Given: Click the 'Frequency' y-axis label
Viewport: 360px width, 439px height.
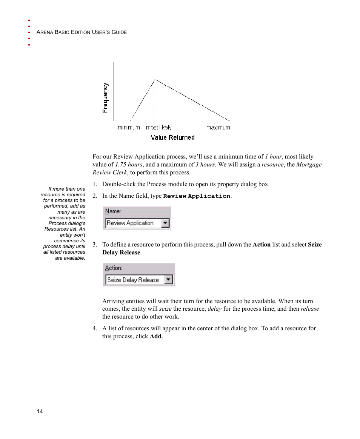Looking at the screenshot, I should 105,98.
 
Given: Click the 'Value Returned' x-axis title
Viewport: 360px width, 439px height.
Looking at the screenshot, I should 172,138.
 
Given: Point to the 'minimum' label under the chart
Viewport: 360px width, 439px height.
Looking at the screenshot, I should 129,128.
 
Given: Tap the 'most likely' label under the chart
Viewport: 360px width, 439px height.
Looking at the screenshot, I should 158,128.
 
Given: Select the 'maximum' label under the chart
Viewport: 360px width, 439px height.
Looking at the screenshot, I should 218,128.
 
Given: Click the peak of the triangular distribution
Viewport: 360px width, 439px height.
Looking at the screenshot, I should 155,80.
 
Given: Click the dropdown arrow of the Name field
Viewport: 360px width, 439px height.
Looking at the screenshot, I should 165,223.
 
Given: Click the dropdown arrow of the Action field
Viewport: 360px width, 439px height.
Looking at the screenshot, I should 169,280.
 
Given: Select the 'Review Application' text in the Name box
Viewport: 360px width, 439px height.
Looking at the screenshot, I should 130,223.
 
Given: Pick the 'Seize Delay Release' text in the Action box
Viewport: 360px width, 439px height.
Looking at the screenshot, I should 133,280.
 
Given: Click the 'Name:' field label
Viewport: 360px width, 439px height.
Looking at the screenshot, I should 113,211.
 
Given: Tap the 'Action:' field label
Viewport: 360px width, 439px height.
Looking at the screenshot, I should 114,268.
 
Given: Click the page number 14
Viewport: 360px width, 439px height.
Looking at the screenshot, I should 40,411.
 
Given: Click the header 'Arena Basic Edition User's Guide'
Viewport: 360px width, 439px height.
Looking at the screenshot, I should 82,32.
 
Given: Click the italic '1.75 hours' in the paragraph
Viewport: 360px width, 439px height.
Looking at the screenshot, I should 128,165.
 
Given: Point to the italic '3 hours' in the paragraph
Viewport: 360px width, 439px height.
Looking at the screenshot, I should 205,165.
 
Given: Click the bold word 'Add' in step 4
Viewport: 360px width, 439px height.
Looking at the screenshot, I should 155,336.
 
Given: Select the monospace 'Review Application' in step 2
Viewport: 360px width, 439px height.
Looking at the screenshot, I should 197,196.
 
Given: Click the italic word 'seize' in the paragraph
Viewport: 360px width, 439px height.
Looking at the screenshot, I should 165,309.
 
